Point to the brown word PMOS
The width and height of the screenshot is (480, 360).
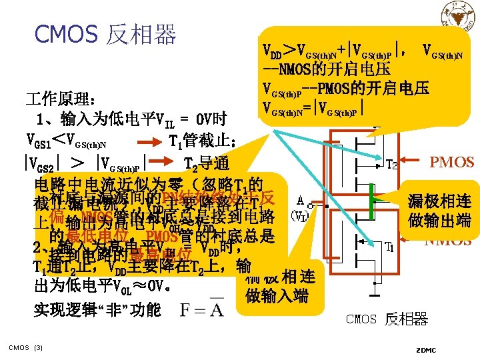click(452, 162)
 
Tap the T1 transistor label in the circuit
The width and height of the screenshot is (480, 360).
click(389, 248)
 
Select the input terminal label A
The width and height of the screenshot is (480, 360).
click(303, 199)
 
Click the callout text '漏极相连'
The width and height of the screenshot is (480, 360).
click(440, 200)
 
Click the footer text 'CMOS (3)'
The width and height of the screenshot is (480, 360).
click(25, 347)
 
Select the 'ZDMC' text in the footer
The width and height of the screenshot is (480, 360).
click(425, 349)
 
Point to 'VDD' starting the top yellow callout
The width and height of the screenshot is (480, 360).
click(273, 49)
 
